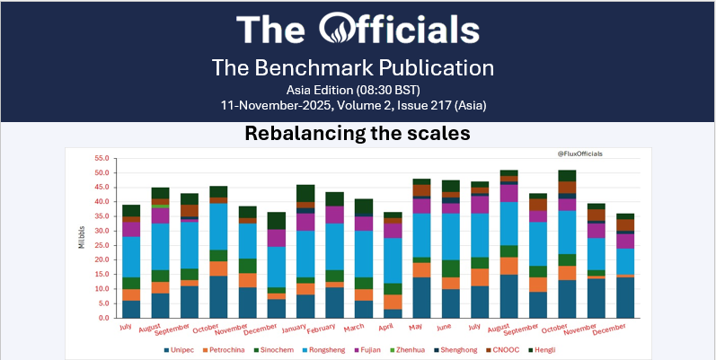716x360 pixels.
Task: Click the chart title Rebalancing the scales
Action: click(358, 135)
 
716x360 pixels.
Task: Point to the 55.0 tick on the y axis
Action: click(102, 158)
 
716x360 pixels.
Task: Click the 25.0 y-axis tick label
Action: click(102, 245)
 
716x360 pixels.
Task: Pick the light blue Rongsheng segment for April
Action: click(393, 260)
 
